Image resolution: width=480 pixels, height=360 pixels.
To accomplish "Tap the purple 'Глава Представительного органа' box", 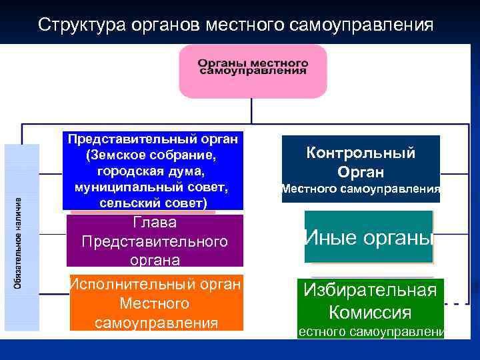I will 154,241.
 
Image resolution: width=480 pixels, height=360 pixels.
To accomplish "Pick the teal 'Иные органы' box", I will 369,237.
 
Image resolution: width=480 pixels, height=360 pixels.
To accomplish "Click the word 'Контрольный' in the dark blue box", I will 361,153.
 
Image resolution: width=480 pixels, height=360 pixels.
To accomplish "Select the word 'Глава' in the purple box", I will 154,223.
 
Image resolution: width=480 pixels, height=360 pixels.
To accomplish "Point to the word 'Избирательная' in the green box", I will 370,290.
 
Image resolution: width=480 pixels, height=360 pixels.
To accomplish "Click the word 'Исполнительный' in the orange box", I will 117,285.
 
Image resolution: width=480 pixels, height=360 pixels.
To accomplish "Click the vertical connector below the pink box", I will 253,111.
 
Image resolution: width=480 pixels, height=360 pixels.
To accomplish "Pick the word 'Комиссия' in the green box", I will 370,312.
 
